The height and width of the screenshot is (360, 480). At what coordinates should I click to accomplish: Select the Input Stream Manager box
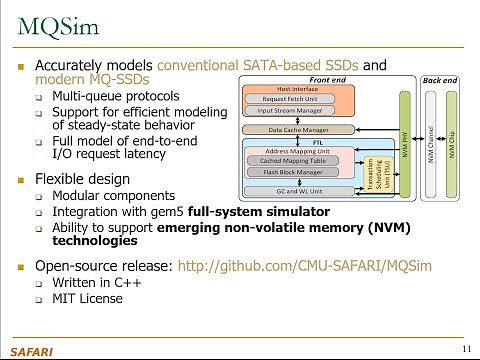(290, 111)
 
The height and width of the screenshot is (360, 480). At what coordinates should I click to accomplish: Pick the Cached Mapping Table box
(292, 160)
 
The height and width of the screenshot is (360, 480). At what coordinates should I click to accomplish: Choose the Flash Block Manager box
(292, 171)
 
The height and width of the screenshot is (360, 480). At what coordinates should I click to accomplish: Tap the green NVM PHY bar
(405, 142)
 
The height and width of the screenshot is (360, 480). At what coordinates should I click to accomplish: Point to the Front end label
(331, 79)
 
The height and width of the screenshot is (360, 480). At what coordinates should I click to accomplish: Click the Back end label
(443, 79)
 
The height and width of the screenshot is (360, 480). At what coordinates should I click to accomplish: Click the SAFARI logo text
(29, 350)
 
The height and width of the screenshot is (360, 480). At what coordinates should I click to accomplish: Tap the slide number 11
(467, 348)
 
